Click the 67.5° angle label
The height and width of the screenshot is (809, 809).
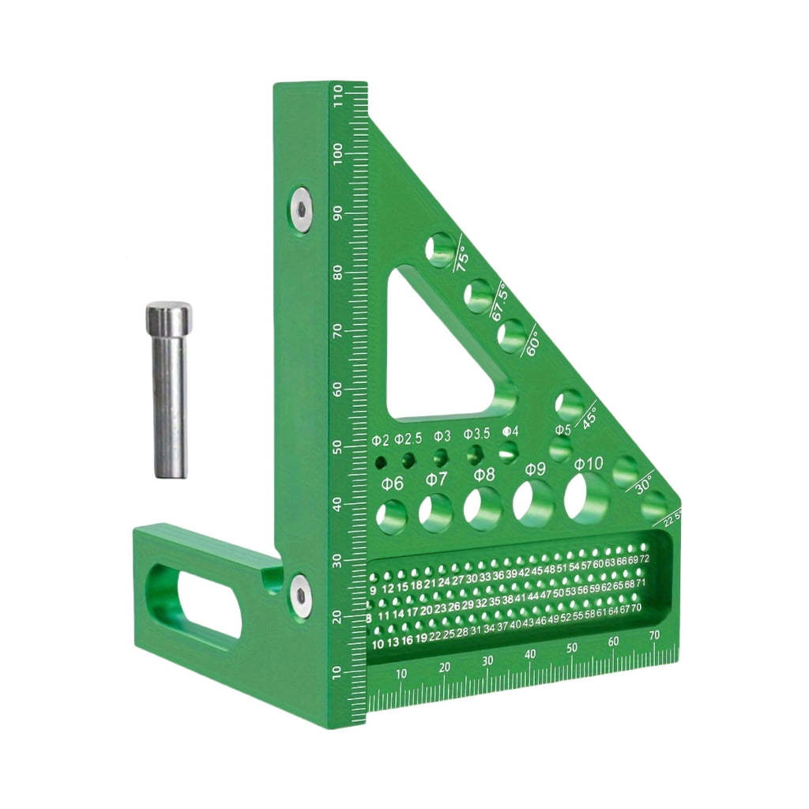[x=499, y=301]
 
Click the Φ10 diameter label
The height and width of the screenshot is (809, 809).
[x=589, y=463]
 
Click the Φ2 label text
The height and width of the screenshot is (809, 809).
[x=381, y=439]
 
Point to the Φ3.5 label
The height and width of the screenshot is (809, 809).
[x=476, y=434]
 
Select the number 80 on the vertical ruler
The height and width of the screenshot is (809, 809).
[x=337, y=272]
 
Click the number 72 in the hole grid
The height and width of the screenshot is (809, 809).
[x=644, y=559]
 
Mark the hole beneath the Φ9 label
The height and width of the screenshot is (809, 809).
[x=534, y=502]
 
